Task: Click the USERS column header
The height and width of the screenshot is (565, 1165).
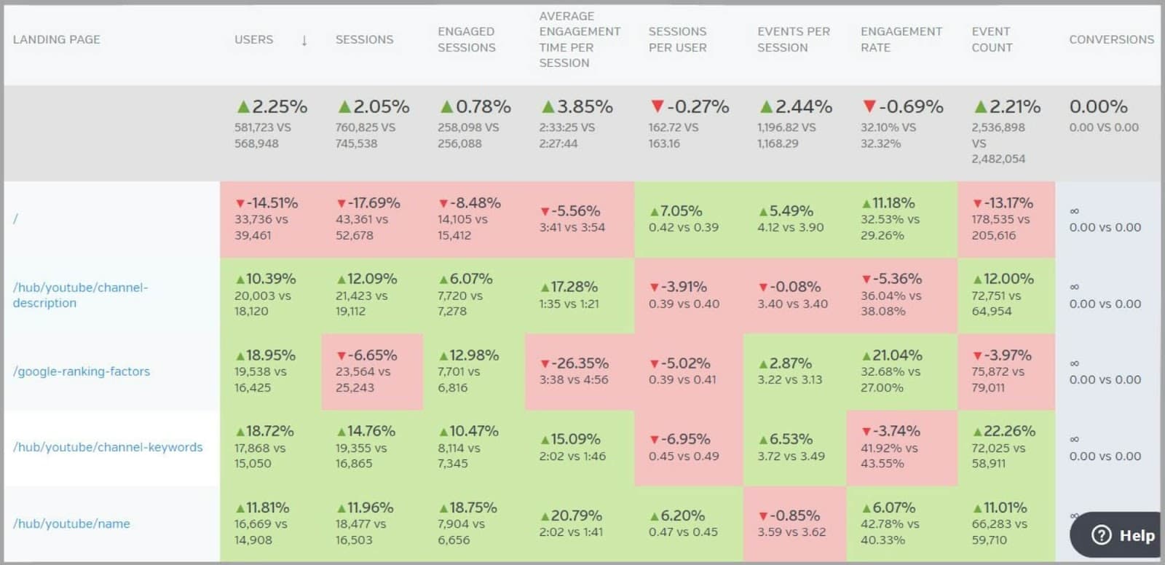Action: pos(253,39)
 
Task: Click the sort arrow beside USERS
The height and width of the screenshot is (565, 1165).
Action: pos(304,40)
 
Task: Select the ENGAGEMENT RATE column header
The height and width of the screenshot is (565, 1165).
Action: pos(901,39)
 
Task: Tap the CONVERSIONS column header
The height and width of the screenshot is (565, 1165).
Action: pos(1111,39)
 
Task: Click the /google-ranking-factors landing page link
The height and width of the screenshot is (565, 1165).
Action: pos(82,371)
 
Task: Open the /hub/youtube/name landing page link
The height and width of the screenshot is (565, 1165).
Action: pos(71,523)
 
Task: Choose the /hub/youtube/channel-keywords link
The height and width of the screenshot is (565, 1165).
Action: pos(108,447)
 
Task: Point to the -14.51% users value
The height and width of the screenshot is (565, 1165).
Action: pos(266,203)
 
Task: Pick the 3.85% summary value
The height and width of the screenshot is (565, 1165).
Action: pos(577,107)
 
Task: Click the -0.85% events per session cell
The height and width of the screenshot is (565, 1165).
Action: pos(789,515)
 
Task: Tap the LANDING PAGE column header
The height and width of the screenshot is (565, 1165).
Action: pos(56,39)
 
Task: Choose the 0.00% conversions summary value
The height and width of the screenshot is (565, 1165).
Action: pos(1098,107)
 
